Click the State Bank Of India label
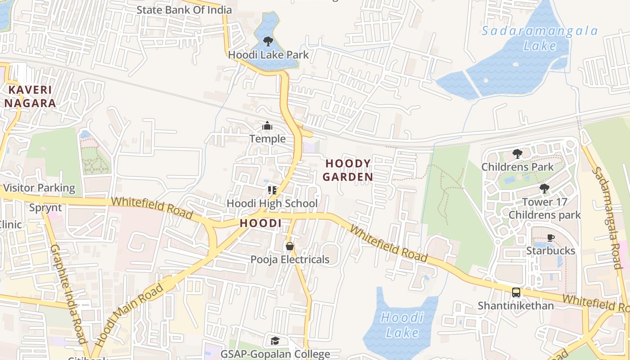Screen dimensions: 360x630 click(184, 10)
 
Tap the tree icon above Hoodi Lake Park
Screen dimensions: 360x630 click(268, 41)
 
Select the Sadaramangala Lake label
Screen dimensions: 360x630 click(540, 38)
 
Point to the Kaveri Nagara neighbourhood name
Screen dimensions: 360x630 click(30, 96)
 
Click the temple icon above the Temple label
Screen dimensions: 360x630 click(267, 126)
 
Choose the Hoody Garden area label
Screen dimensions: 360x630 click(348, 170)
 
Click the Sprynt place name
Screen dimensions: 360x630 click(45, 208)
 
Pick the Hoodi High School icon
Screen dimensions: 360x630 click(272, 190)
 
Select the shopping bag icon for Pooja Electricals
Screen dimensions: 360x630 click(290, 246)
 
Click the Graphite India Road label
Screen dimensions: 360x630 click(67, 294)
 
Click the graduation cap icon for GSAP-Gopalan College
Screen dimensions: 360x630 click(275, 341)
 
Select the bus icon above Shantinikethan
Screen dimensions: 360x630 click(516, 292)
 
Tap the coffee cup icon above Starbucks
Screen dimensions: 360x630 click(550, 238)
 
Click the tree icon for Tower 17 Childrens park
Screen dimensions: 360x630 click(544, 189)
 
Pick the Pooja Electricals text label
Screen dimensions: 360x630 click(290, 260)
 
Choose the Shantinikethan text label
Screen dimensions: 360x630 click(516, 306)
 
